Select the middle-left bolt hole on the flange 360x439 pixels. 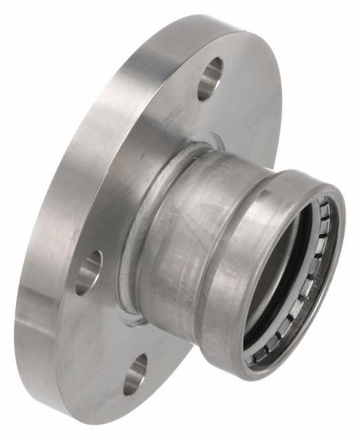point(89,269)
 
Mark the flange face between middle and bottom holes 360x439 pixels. point(103,324)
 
